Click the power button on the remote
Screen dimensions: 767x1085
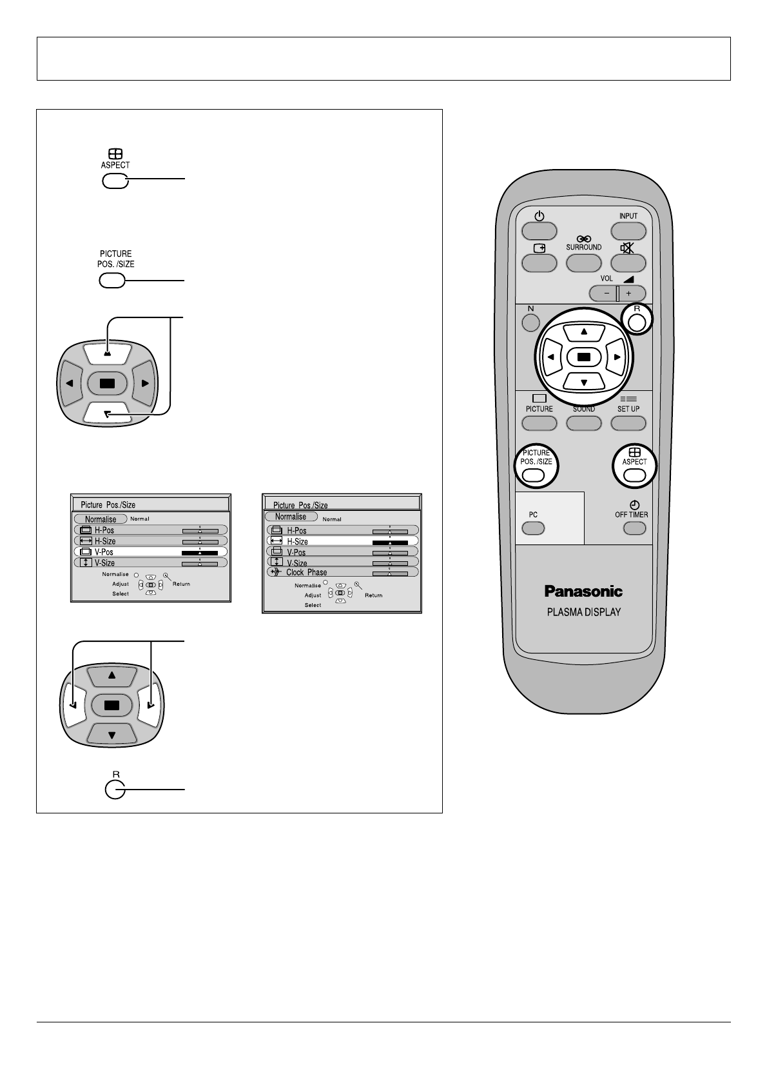coord(539,231)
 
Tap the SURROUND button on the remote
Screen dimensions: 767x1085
coord(583,263)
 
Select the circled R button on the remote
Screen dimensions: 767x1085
coord(637,323)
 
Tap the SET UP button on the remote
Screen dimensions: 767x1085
coord(628,423)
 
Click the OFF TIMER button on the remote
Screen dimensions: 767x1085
coord(634,528)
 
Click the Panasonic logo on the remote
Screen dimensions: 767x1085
coord(583,591)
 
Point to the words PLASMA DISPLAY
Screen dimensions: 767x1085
coord(583,612)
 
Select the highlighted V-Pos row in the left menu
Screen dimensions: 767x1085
coord(150,552)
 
